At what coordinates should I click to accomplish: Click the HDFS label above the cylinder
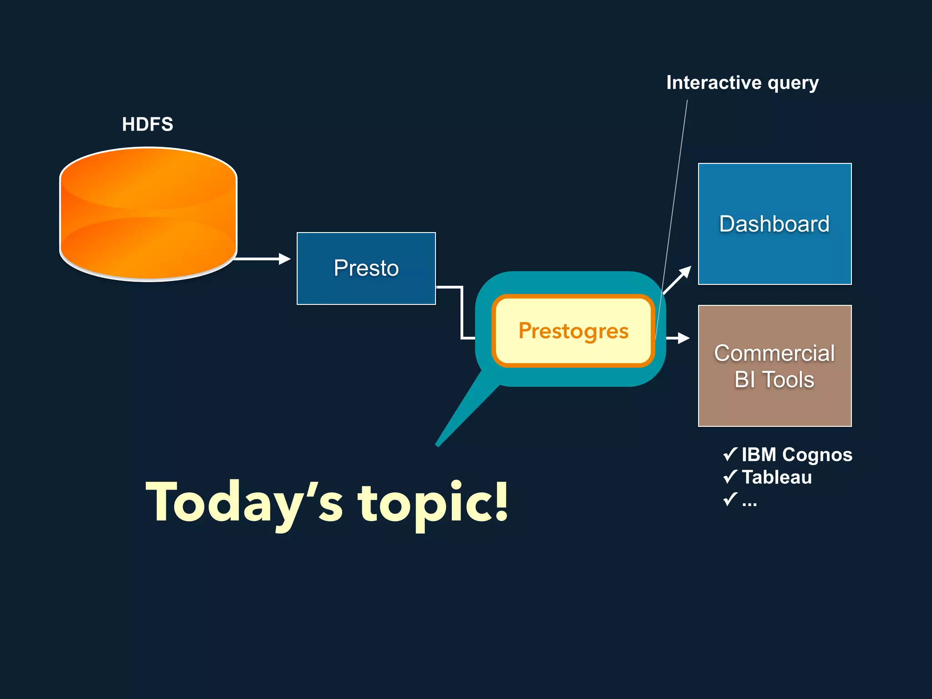point(147,124)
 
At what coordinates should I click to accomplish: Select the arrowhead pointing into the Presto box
point(285,259)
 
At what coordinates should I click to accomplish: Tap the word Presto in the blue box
point(366,268)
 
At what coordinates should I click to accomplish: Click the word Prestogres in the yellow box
point(573,331)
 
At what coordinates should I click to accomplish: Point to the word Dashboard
point(774,224)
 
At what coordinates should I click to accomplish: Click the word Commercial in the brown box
point(774,353)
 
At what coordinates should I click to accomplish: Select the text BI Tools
point(774,380)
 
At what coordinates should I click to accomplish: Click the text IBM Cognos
point(797,455)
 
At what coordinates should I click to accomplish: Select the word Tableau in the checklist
point(777,477)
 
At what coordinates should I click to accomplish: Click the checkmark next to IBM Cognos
point(729,454)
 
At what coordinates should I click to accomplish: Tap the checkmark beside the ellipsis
point(729,499)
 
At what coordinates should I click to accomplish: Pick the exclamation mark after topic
point(501,501)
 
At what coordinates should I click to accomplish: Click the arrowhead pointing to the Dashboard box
point(685,272)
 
